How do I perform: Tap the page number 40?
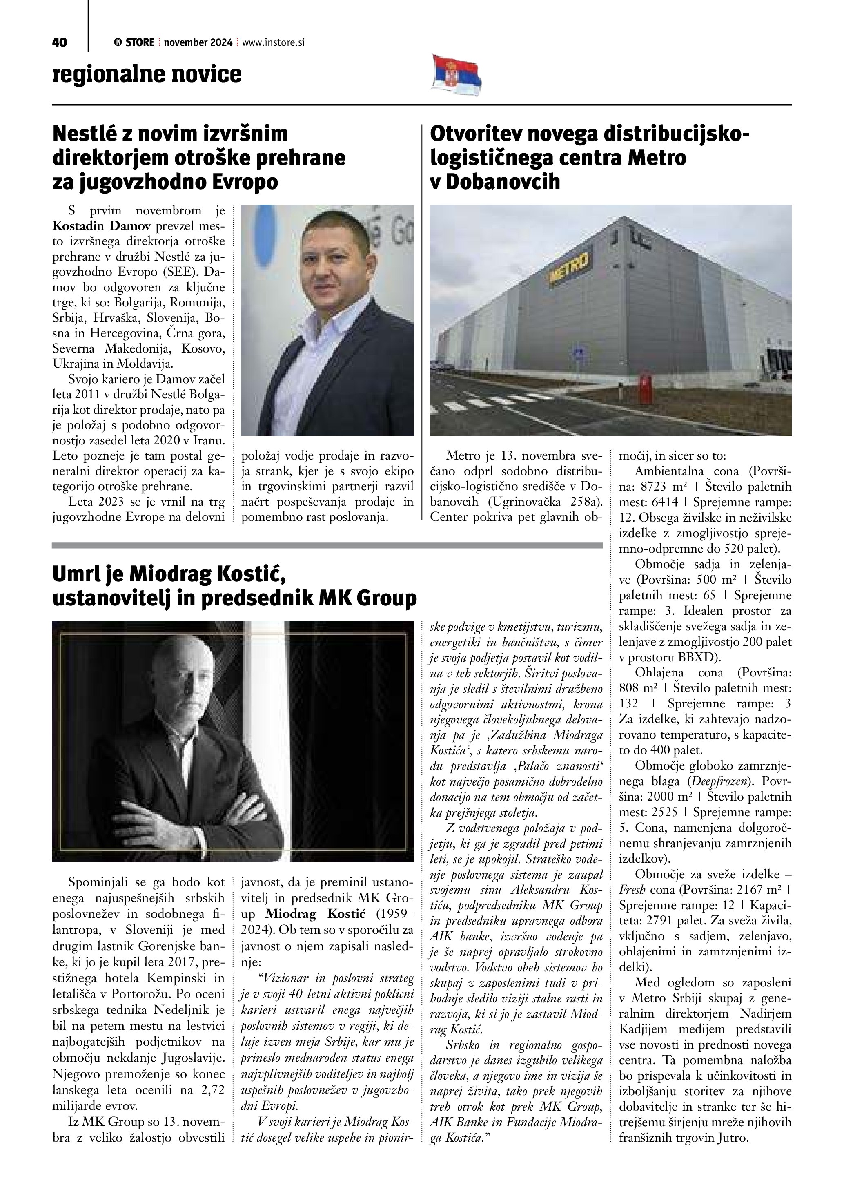[60, 42]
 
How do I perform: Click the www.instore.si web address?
[273, 42]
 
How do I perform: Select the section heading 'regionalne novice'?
[147, 74]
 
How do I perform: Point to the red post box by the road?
[645, 385]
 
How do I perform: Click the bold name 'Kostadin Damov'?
[101, 226]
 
